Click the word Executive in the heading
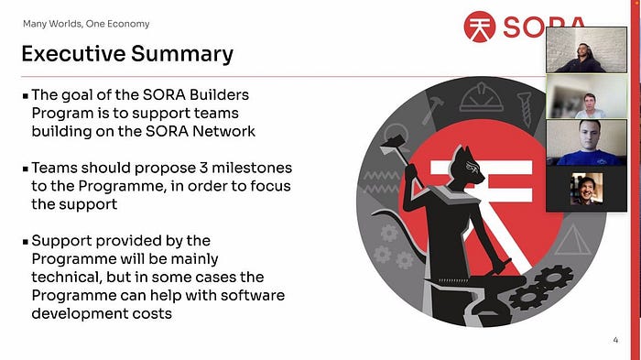(73, 54)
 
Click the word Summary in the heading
(182, 55)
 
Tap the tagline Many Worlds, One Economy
(86, 24)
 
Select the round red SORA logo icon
(480, 27)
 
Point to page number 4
(615, 340)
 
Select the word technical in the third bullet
(66, 277)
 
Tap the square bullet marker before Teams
(26, 169)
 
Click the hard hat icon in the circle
(481, 97)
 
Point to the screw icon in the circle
(525, 109)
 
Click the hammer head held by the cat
(393, 146)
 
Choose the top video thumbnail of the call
(586, 49)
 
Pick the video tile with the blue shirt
(586, 142)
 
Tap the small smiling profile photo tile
(587, 189)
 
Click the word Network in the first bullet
(223, 131)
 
